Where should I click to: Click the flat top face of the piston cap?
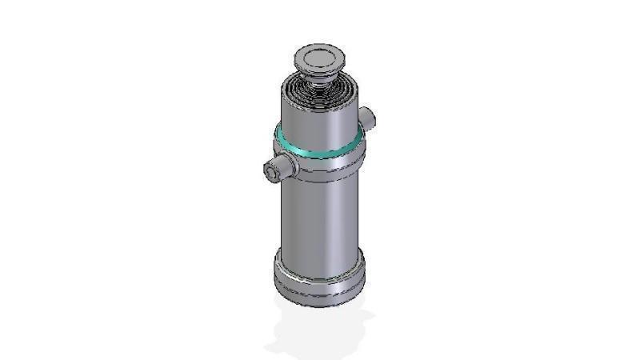[x=319, y=56]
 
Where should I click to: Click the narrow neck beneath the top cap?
[x=320, y=76]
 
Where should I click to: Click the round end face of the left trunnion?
[x=270, y=170]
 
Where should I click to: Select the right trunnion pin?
[x=368, y=118]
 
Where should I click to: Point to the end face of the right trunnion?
[x=371, y=118]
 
